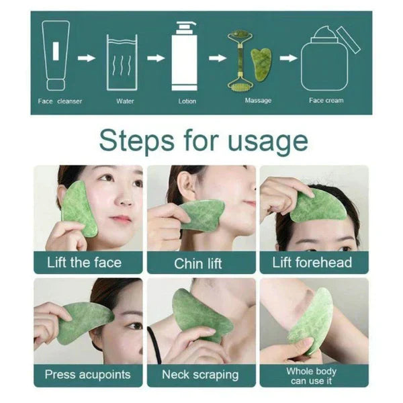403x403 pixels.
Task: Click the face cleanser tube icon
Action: [56, 56]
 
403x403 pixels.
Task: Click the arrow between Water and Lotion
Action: [156, 58]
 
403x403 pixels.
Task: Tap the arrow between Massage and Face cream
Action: [287, 58]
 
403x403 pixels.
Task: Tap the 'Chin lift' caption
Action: [201, 263]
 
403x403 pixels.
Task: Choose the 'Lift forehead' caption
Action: [312, 262]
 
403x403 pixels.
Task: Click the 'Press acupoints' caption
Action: [87, 374]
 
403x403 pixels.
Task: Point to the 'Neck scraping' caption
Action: [201, 374]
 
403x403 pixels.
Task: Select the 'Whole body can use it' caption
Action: [313, 375]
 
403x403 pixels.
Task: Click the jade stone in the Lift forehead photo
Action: [318, 206]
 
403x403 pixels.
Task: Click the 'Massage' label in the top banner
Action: [258, 101]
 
